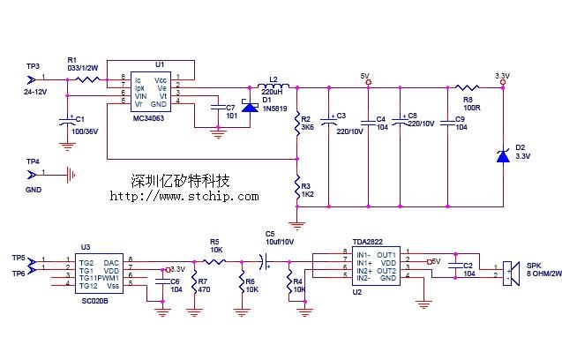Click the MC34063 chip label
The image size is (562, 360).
[x=151, y=117]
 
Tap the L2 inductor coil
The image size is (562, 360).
[x=274, y=86]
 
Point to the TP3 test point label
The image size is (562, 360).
[x=33, y=67]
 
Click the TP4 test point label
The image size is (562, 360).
[x=33, y=161]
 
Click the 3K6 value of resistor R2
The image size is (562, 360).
[x=307, y=127]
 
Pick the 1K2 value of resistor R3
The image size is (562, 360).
[x=307, y=195]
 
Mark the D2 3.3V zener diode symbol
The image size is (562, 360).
[x=502, y=156]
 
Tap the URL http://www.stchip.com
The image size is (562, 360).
[x=184, y=196]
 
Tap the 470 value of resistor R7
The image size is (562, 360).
[x=203, y=289]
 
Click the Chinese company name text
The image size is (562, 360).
[x=180, y=181]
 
